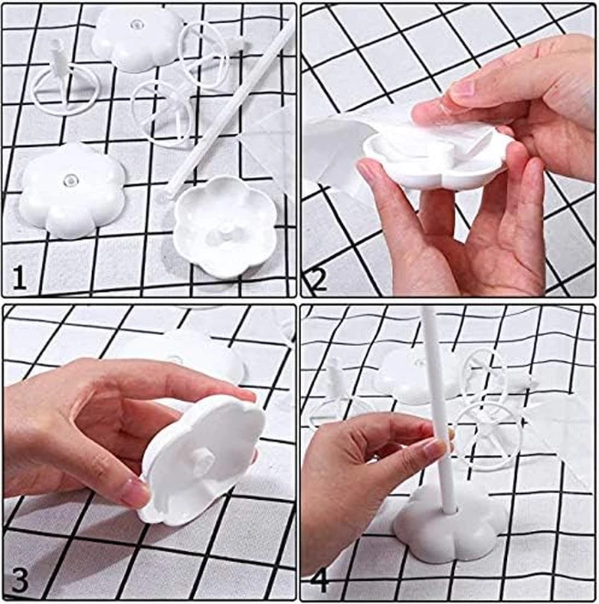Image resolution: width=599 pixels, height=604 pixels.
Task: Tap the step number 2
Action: coord(317,280)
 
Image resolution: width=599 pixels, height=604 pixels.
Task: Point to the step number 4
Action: coord(317,581)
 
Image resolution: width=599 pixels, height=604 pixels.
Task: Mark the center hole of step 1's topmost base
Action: coord(136,25)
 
